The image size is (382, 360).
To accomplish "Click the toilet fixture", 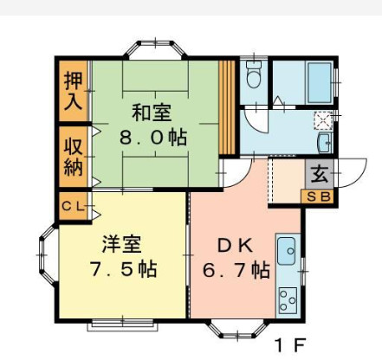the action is click(x=254, y=74).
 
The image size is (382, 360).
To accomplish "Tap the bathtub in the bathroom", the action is click(x=320, y=82).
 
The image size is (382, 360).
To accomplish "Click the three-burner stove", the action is click(x=288, y=300).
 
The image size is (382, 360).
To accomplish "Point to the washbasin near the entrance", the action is click(x=324, y=143).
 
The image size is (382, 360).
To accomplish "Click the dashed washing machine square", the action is click(x=323, y=120).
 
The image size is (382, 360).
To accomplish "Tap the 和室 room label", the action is click(x=152, y=112).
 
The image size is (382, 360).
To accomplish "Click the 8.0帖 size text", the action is click(x=153, y=138).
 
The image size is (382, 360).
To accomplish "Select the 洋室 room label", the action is click(x=122, y=245).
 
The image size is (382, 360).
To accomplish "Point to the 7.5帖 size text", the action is click(x=124, y=269).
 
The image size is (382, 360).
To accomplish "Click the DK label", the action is click(x=236, y=246).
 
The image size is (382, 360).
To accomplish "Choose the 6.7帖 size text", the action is click(x=236, y=270).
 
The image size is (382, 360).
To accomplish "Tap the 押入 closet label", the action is click(x=73, y=91).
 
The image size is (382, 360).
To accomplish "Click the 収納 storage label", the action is click(x=74, y=157).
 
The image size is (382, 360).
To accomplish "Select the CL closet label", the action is click(x=74, y=206).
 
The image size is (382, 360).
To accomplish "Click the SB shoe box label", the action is click(x=318, y=197).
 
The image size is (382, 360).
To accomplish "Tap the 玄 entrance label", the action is click(x=320, y=174).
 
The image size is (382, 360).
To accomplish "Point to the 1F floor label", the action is click(x=290, y=344).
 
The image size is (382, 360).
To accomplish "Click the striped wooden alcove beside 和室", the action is click(x=227, y=107).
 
